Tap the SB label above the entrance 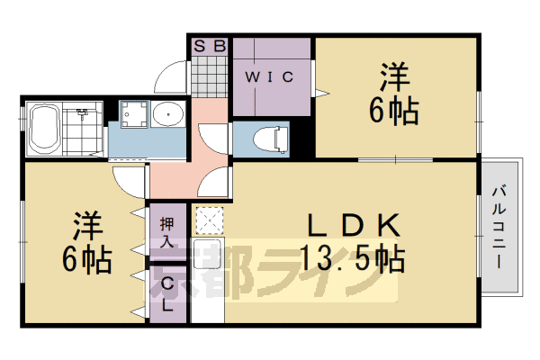click(x=209, y=44)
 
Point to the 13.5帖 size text click(x=353, y=259)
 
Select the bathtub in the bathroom click(x=45, y=129)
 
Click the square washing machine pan click(x=135, y=113)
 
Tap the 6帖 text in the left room click(x=86, y=259)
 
